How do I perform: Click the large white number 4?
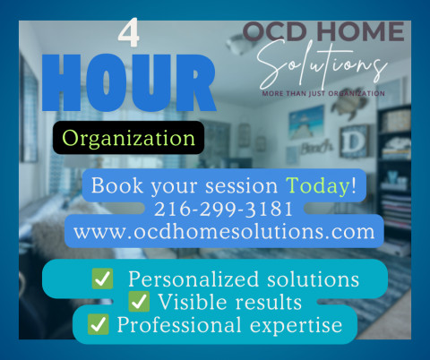[x=129, y=32]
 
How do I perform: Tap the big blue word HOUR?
[x=129, y=83]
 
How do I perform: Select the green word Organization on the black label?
[x=128, y=139]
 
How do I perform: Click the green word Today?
[x=317, y=186]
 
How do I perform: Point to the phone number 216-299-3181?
[x=223, y=209]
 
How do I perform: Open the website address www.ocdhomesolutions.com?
[x=224, y=232]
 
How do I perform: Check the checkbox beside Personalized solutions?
[x=102, y=279]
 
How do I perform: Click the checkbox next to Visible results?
[x=139, y=302]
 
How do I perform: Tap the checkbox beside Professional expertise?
[x=99, y=324]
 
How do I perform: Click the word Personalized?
[x=193, y=279]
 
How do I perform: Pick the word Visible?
[x=193, y=302]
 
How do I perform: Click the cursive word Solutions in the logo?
[x=322, y=64]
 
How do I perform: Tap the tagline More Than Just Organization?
[x=323, y=93]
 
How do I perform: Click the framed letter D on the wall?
[x=354, y=141]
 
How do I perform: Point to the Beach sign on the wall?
[x=316, y=147]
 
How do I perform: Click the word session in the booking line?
[x=241, y=186]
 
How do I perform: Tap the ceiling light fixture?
[x=241, y=43]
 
